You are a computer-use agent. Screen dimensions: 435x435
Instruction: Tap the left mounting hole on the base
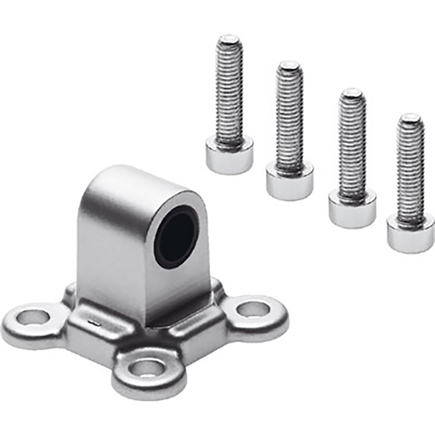click(33, 319)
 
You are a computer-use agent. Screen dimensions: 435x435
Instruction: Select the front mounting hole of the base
click(147, 368)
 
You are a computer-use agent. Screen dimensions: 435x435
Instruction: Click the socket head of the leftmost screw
click(229, 156)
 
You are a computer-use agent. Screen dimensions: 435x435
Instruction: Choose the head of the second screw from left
click(290, 179)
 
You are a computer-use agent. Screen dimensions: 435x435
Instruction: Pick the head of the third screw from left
click(353, 207)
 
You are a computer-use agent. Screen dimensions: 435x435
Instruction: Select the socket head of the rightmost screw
click(410, 233)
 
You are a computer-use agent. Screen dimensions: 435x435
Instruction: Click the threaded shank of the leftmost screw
click(229, 93)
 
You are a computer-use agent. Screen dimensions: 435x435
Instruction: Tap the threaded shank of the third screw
click(352, 140)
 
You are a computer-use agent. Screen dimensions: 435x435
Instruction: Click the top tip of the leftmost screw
click(229, 39)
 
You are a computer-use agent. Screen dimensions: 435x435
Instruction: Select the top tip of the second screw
click(290, 65)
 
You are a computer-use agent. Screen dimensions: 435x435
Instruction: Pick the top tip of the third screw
click(352, 92)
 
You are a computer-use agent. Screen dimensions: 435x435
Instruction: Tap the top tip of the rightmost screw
click(410, 117)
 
